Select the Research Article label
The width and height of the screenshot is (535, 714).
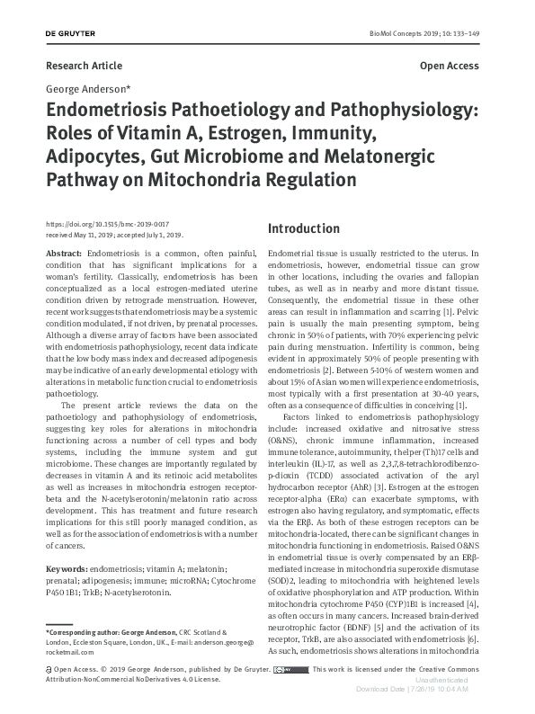click(84, 67)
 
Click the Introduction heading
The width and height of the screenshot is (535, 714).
click(304, 228)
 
